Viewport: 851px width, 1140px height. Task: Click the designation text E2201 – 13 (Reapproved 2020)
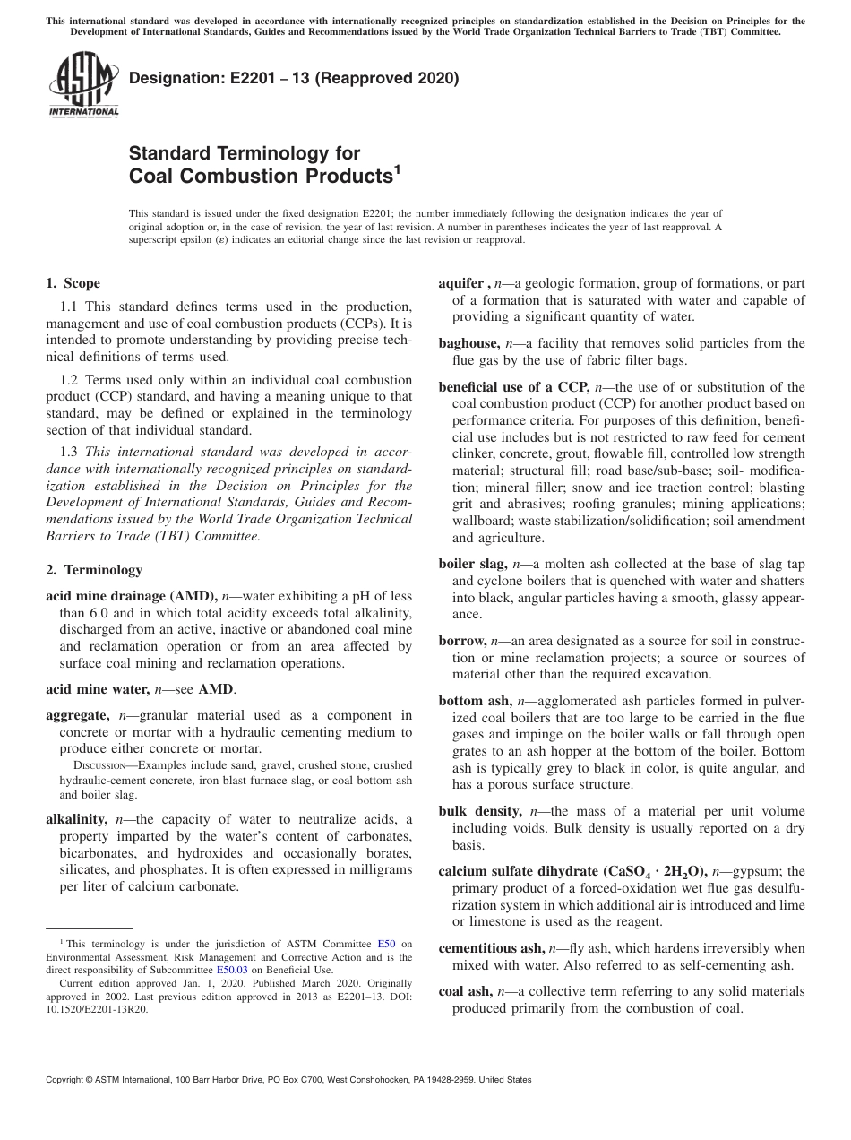pos(294,78)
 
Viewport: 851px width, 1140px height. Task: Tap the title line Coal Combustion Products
pos(261,176)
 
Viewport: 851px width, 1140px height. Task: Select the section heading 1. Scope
pos(73,284)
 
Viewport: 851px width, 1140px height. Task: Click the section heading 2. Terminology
pos(93,570)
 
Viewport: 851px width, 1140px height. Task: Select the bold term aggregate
pos(77,715)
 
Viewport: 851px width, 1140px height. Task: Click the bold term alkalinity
pos(77,818)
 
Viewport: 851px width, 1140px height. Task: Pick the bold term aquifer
pos(463,282)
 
